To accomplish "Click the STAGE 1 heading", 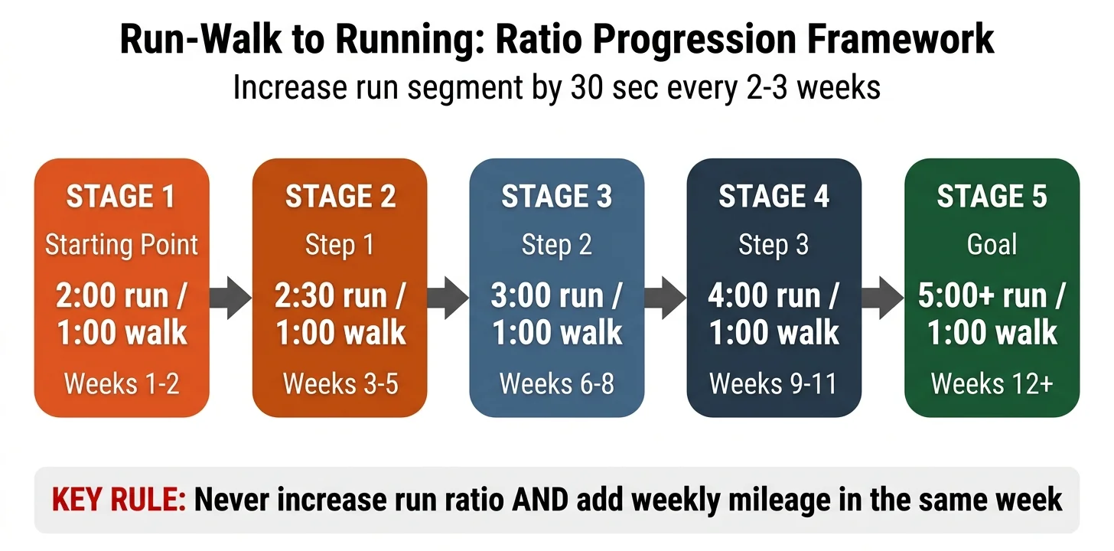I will click(121, 197).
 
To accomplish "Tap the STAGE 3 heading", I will click(556, 197).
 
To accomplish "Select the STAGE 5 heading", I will click(992, 197).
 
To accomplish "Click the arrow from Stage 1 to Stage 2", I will click(231, 298).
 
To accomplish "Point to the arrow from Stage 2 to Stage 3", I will click(448, 298).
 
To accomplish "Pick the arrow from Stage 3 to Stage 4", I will click(666, 298).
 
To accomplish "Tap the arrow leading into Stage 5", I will click(883, 298).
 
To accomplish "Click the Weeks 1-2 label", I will click(122, 383).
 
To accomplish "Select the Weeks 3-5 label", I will click(340, 383).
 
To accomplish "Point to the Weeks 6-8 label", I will click(556, 383).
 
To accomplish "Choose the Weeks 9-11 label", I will click(774, 383).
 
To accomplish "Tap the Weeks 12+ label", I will click(992, 383).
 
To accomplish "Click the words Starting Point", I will click(122, 245).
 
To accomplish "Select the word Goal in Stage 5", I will click(992, 245).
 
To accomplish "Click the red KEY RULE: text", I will click(119, 500).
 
